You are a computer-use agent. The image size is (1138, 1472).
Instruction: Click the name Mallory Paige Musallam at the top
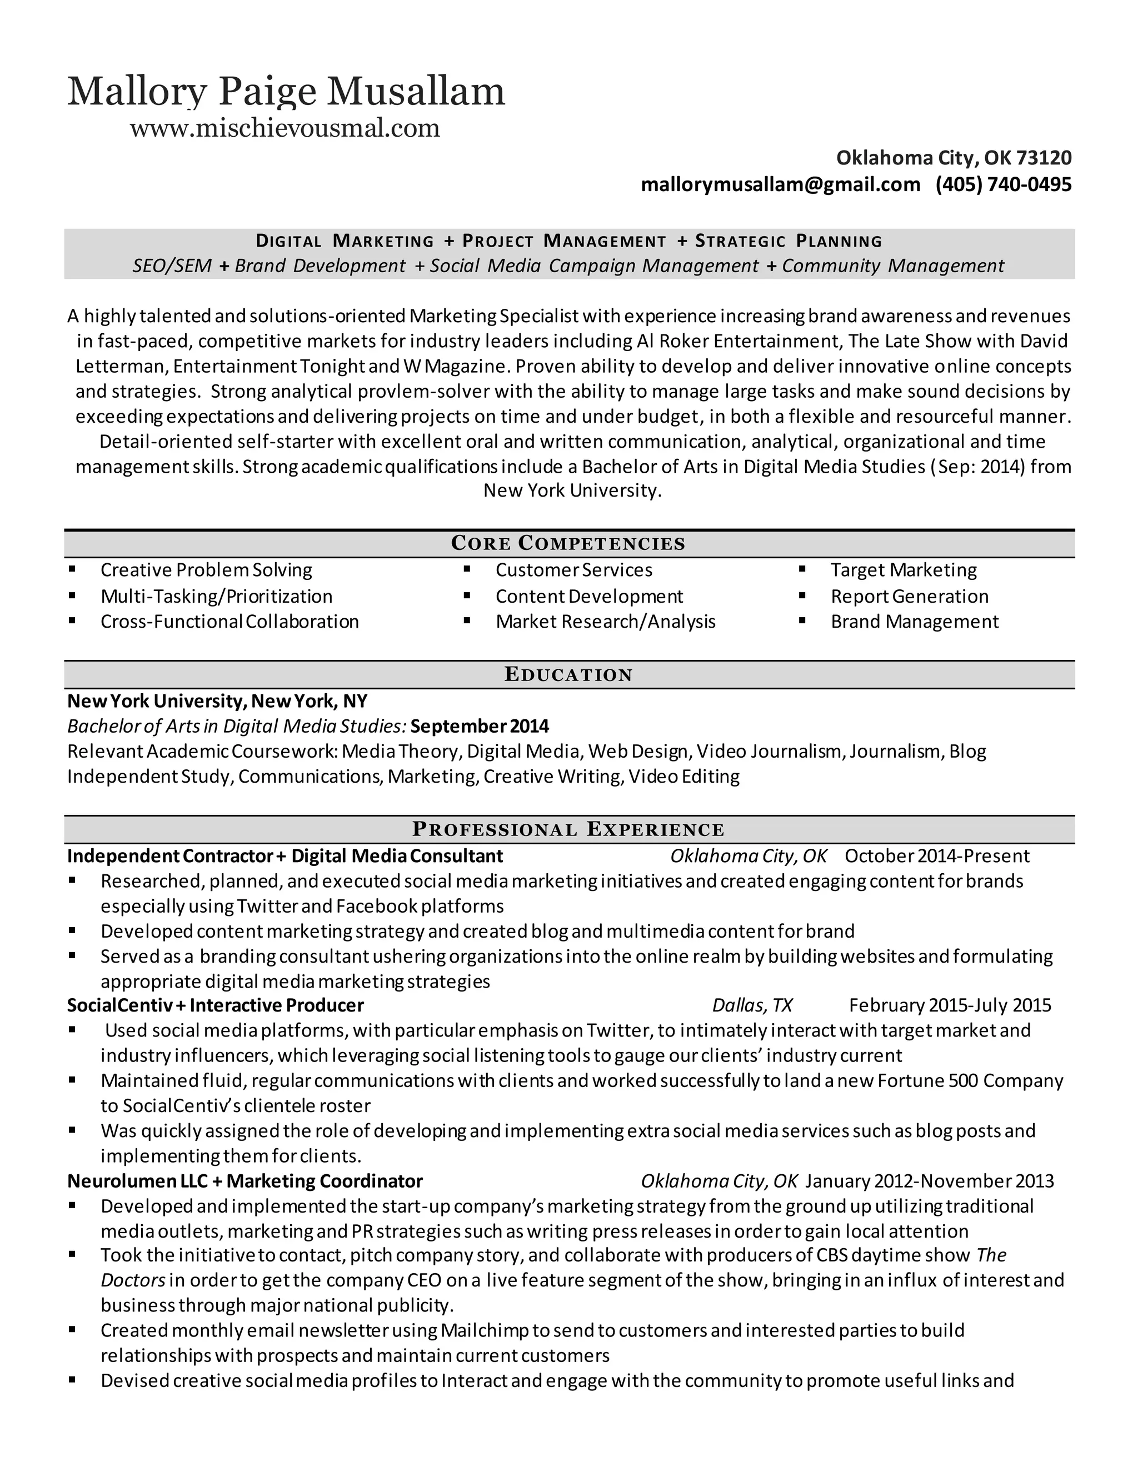coord(286,92)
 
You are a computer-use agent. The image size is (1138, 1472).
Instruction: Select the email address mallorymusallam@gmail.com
coord(780,184)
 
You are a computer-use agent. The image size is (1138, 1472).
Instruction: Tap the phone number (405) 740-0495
coord(1003,184)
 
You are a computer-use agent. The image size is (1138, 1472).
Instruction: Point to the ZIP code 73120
coord(1044,158)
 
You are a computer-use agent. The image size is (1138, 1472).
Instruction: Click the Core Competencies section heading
coord(568,543)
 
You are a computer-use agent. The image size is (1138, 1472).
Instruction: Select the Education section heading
coord(568,675)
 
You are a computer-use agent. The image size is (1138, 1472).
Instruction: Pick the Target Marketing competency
coord(904,570)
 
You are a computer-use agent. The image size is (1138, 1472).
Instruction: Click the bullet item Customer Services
coord(573,570)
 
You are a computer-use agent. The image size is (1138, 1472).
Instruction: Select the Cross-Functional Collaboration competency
coord(229,622)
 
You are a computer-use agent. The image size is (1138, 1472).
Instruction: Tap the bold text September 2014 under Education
coord(480,726)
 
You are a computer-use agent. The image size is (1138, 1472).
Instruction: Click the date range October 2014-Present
coord(937,856)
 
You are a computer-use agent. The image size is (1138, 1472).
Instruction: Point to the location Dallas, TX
coord(752,1005)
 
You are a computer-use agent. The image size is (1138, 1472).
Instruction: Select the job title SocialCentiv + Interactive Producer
coord(215,1005)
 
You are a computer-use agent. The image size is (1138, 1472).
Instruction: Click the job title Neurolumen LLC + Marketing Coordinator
coord(244,1181)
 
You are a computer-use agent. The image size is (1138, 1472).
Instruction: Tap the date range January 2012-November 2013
coord(930,1181)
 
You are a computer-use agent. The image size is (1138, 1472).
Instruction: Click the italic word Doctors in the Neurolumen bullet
coord(133,1280)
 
